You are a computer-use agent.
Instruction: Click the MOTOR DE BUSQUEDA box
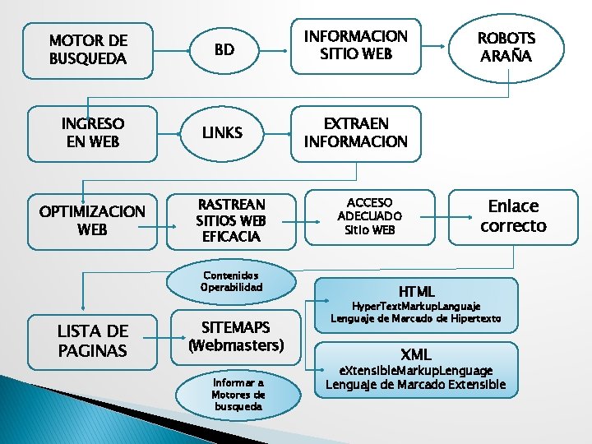[x=89, y=49]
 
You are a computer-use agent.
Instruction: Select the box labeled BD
[x=224, y=49]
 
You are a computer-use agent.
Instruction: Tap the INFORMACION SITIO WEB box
[x=356, y=45]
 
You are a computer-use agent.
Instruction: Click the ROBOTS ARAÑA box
[x=506, y=47]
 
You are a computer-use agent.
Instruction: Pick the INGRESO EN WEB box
[x=93, y=132]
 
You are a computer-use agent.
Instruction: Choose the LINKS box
[x=223, y=132]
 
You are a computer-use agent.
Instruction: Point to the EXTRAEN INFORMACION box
[x=356, y=132]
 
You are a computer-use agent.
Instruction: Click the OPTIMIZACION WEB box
[x=92, y=220]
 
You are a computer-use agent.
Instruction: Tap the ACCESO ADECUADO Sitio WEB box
[x=369, y=216]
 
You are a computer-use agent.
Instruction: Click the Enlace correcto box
[x=513, y=215]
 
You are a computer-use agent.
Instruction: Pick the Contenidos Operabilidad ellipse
[x=230, y=281]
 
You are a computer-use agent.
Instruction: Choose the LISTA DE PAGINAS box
[x=92, y=340]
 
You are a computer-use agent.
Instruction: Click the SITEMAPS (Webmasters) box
[x=236, y=337]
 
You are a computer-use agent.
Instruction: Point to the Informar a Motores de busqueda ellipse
[x=238, y=394]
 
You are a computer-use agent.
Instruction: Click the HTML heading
[x=417, y=291]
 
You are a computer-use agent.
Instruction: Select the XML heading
[x=416, y=354]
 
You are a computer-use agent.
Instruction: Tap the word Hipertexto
[x=469, y=318]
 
